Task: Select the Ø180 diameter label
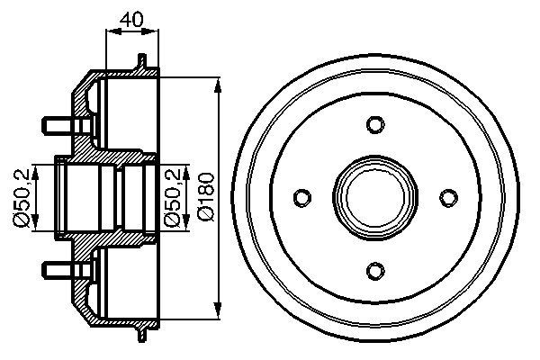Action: [207, 195]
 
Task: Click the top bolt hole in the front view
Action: [375, 123]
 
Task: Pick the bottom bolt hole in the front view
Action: [375, 267]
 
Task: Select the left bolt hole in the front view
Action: [303, 195]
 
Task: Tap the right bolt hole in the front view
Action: [447, 195]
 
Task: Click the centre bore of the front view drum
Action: [375, 195]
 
